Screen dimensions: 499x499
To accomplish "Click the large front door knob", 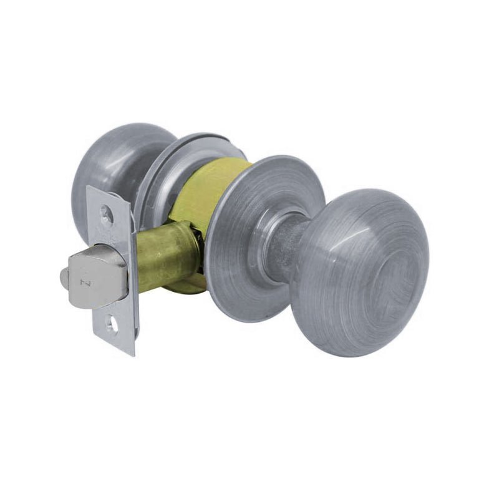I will click(362, 271).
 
